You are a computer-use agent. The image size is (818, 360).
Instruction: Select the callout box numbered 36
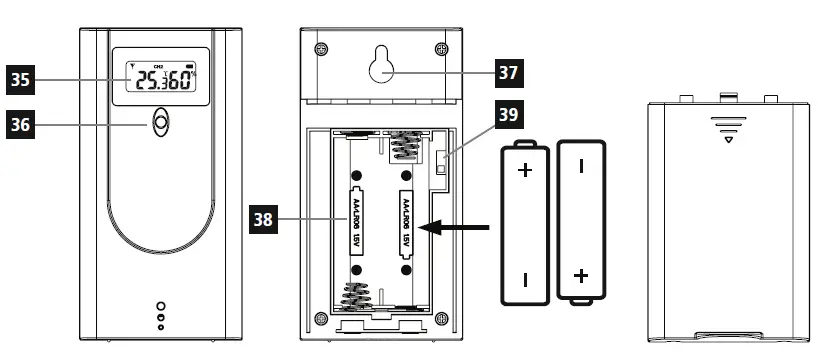pos(20,124)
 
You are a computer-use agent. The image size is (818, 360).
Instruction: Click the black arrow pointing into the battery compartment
pos(458,228)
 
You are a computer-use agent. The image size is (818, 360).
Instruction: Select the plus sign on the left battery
pos(524,170)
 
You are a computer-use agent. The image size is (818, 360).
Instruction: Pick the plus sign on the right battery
pos(582,275)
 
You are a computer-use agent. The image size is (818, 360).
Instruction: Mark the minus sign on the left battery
pos(524,277)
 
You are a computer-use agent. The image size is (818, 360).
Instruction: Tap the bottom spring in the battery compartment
pos(358,296)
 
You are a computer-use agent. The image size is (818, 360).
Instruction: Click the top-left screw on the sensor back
pos(320,49)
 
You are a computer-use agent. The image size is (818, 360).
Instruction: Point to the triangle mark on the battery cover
pos(728,139)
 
